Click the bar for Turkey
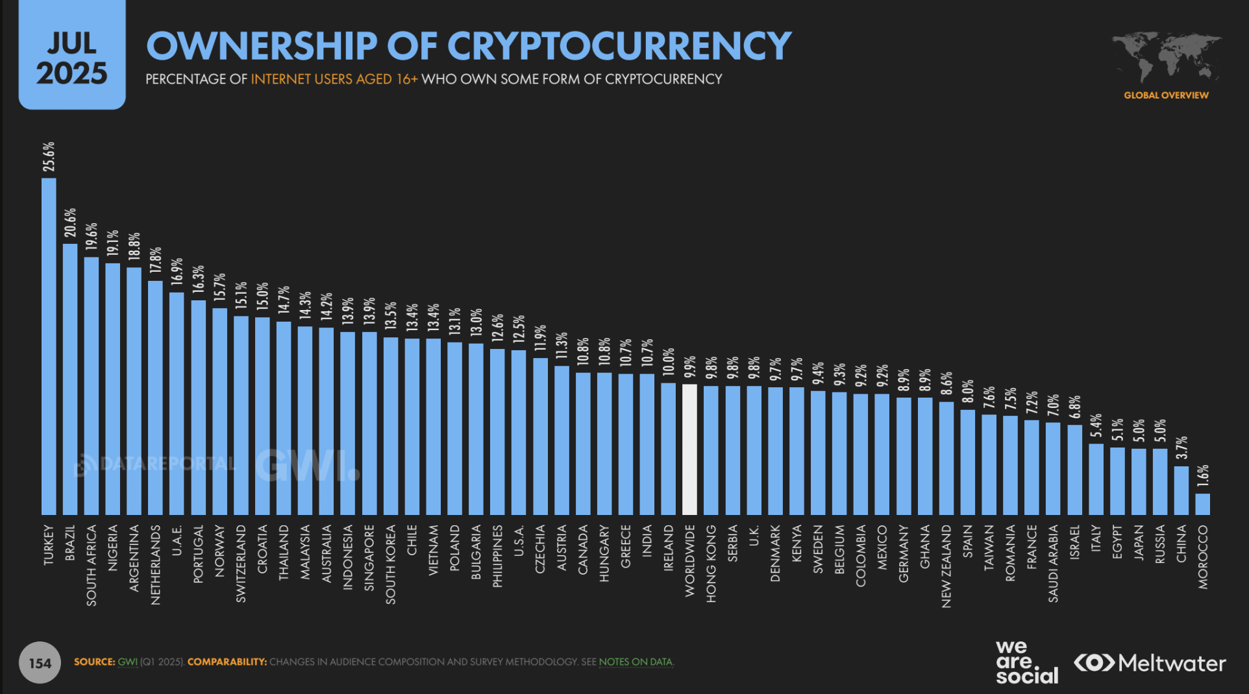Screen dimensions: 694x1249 click(49, 346)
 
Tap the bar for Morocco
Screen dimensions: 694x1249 click(1202, 504)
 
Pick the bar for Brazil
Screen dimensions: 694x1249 click(70, 379)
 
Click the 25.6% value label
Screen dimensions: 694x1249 click(49, 157)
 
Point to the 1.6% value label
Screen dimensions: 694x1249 click(1203, 475)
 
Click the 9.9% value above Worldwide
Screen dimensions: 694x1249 click(690, 366)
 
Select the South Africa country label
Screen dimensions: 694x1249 click(92, 565)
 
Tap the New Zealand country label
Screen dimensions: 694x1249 click(946, 566)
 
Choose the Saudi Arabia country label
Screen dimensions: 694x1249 click(1053, 563)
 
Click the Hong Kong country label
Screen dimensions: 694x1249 click(711, 563)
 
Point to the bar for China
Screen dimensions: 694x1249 click(1181, 490)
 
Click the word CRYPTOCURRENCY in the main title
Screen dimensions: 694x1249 click(619, 46)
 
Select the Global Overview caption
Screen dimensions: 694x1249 click(1166, 95)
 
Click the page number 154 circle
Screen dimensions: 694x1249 click(40, 663)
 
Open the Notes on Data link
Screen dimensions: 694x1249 click(636, 662)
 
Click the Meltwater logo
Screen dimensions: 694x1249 click(1150, 663)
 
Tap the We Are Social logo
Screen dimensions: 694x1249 click(1026, 662)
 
